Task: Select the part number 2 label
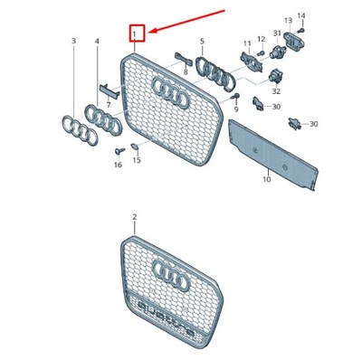[134, 217]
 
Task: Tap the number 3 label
[74, 41]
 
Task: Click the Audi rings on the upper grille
[169, 88]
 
